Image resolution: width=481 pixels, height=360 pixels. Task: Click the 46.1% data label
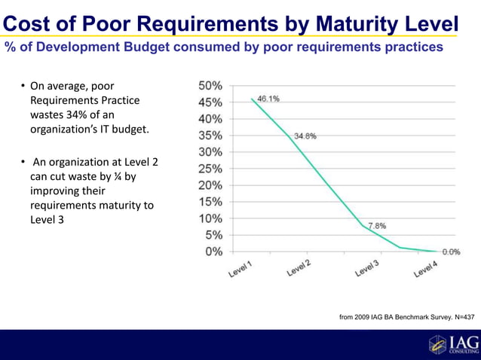(x=268, y=99)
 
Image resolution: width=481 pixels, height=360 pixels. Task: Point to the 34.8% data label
(x=305, y=136)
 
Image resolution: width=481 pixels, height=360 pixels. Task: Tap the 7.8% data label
(x=377, y=225)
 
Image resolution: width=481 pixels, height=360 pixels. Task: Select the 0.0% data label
(x=451, y=252)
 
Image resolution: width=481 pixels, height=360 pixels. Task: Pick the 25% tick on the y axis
(x=210, y=168)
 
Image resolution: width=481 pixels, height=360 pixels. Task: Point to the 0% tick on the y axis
(x=213, y=252)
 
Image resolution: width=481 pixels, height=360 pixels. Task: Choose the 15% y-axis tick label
(x=210, y=202)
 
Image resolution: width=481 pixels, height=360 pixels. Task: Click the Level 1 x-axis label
(x=242, y=269)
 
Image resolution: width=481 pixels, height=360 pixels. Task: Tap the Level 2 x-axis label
(x=299, y=268)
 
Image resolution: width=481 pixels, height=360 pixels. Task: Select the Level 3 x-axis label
(x=367, y=268)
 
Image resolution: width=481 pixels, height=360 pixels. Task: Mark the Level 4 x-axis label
(x=425, y=269)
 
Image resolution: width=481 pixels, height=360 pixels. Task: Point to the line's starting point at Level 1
(x=252, y=98)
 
